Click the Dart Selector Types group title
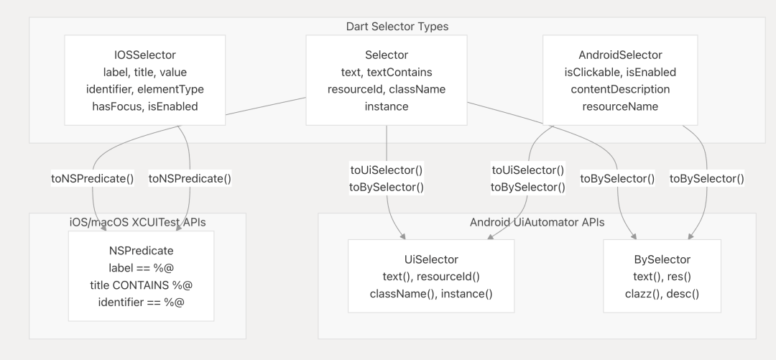point(397,27)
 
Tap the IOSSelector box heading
point(145,55)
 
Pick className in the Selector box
point(417,89)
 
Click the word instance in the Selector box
point(387,106)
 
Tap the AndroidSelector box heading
point(620,55)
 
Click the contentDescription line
point(620,89)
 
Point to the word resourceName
point(620,106)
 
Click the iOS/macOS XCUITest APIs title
point(137,222)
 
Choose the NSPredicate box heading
point(141,251)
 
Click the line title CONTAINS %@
point(141,285)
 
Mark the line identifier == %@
point(141,302)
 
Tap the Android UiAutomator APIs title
point(537,222)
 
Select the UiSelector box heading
point(431,259)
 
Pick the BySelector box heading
point(662,259)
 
